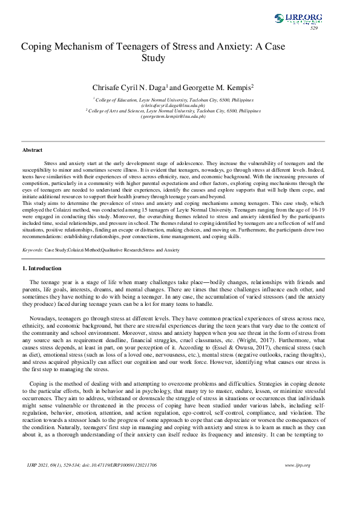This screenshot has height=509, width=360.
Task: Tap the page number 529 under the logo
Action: pyautogui.click(x=314, y=28)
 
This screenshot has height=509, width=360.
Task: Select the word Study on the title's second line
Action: pyautogui.click(x=154, y=58)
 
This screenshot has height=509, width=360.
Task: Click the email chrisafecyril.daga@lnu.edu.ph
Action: pyautogui.click(x=174, y=105)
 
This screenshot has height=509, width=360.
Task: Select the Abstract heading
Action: pyautogui.click(x=33, y=149)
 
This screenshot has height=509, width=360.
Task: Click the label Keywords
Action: pyautogui.click(x=32, y=248)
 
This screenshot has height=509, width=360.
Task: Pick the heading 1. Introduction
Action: pyautogui.click(x=42, y=267)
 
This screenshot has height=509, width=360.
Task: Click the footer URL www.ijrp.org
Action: pyautogui.click(x=297, y=482)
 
